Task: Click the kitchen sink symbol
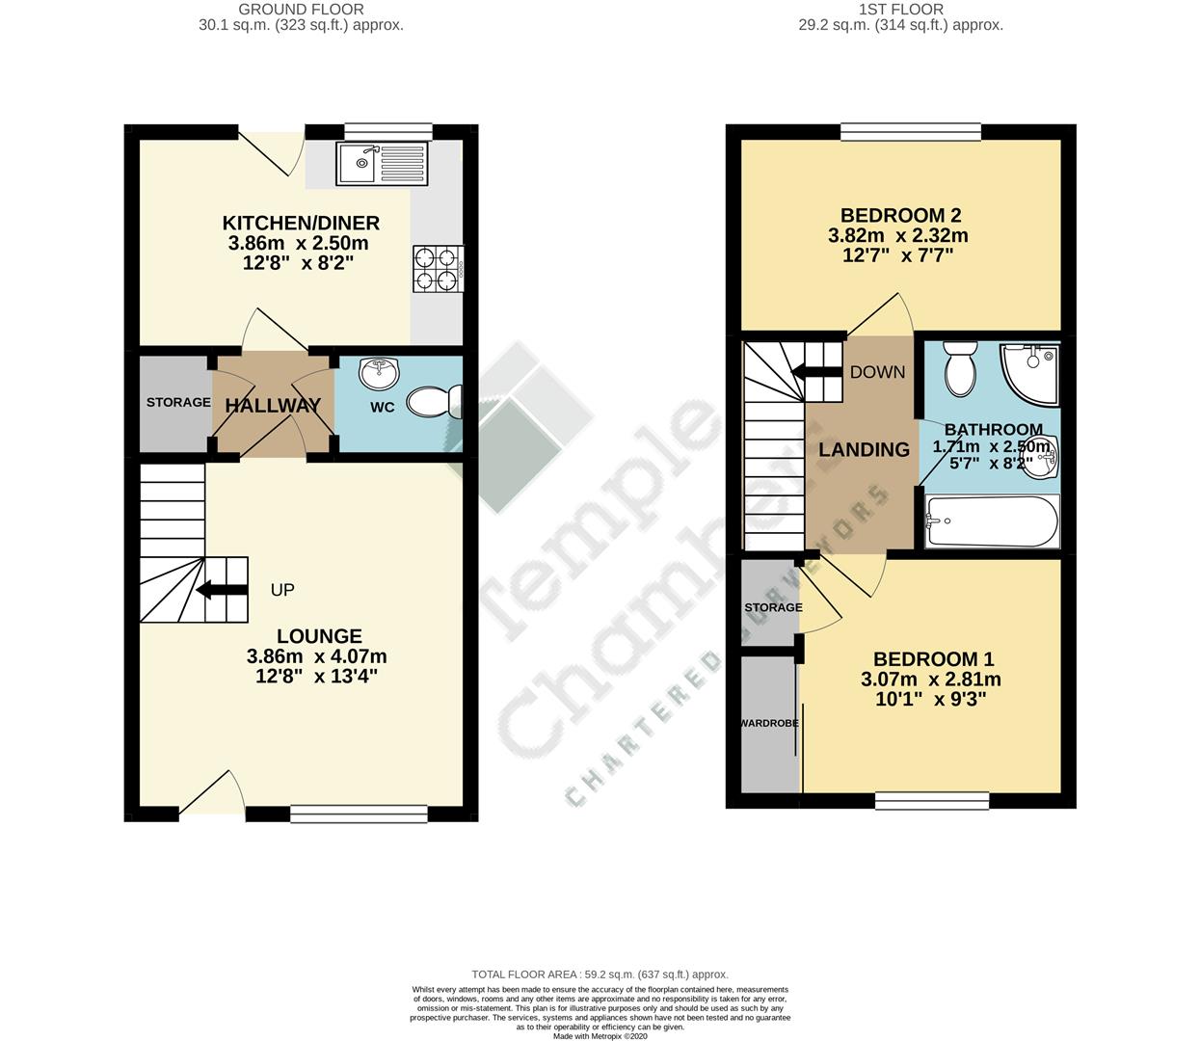click(x=381, y=163)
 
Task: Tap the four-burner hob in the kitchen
click(x=438, y=269)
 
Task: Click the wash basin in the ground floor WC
click(x=377, y=370)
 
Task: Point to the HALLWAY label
click(x=273, y=406)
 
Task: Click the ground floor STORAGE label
click(x=178, y=402)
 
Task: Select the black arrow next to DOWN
click(x=814, y=372)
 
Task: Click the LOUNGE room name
click(x=319, y=636)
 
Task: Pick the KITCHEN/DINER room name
click(x=302, y=223)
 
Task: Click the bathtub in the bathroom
click(x=991, y=521)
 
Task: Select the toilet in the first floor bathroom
click(x=961, y=369)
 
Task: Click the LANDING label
click(x=864, y=449)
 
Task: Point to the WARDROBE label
click(x=769, y=723)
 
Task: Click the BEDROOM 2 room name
click(x=900, y=215)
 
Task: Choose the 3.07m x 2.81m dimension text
click(x=930, y=680)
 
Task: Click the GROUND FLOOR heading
click(x=302, y=10)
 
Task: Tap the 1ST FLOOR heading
click(x=900, y=10)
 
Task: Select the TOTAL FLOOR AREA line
click(x=600, y=974)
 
